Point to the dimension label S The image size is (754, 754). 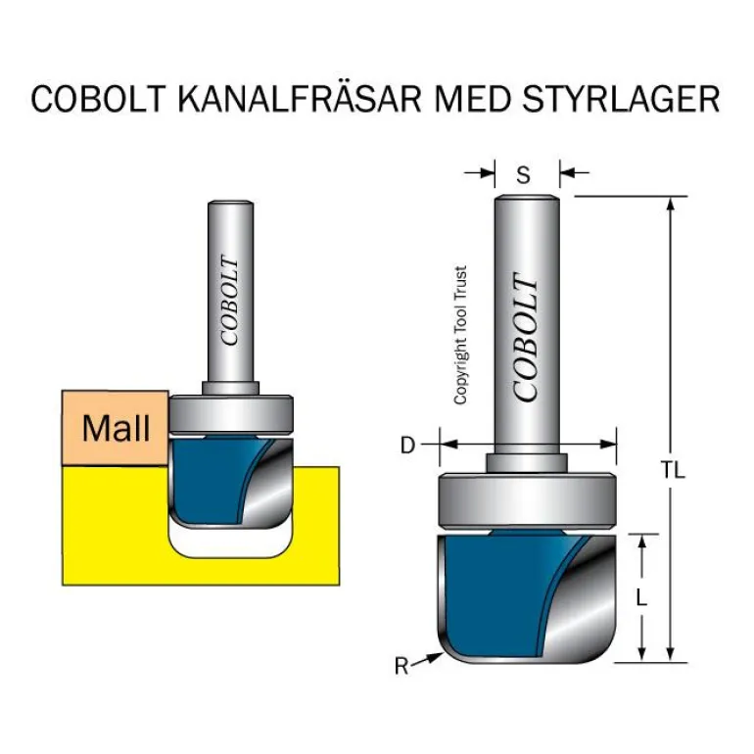point(524,175)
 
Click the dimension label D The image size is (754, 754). point(407,447)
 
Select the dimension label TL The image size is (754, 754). point(673,470)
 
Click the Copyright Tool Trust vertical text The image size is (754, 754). point(460,336)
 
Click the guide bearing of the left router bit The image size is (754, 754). point(231,414)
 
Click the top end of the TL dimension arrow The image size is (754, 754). point(671,201)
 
